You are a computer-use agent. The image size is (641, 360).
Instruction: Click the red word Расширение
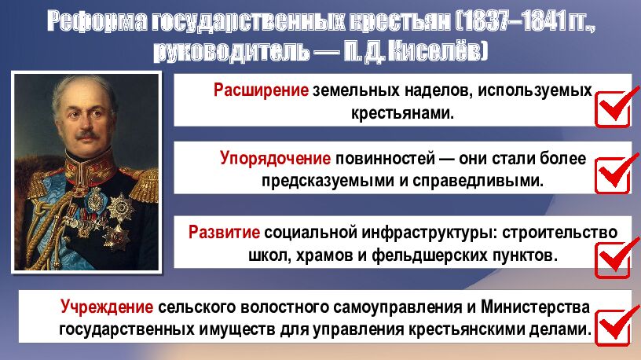coord(260,90)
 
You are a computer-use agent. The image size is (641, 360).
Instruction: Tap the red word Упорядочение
coord(275,159)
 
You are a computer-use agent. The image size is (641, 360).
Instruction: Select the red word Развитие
coord(224,233)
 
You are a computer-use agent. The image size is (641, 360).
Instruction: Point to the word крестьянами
coord(402,112)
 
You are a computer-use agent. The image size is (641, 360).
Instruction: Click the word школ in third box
coord(269,255)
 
